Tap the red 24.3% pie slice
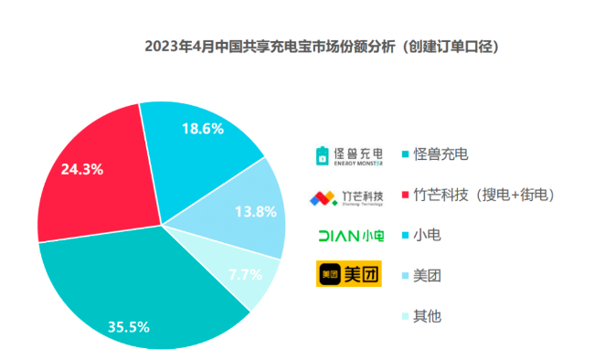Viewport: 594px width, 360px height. coord(91,183)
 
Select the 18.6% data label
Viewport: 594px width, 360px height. coord(203,130)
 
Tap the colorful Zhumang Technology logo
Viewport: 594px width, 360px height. coord(345,196)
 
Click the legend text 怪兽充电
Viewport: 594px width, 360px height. coord(440,154)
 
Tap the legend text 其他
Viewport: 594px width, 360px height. coord(427,316)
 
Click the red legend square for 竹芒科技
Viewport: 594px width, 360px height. coord(405,196)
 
